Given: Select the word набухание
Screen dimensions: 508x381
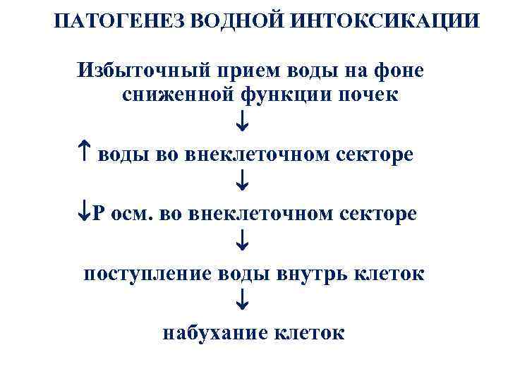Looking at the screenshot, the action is click(212, 332).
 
